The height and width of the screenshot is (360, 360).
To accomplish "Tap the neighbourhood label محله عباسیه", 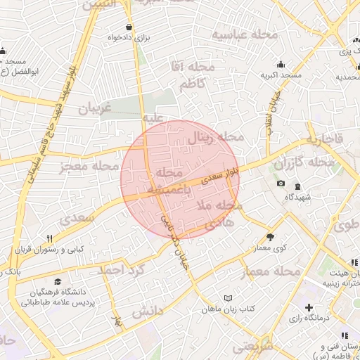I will (245, 34).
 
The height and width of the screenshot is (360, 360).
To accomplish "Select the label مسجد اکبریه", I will (281, 75).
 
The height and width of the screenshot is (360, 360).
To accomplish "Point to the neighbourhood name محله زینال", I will (214, 137).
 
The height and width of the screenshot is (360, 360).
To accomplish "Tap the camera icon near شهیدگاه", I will (281, 184).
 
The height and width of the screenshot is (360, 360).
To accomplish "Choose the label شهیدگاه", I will (298, 198).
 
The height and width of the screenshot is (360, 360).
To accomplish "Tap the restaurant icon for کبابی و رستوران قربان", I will (49, 238).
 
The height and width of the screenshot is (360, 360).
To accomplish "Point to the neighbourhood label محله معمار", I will (271, 271).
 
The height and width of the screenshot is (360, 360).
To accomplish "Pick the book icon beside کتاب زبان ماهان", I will (227, 299).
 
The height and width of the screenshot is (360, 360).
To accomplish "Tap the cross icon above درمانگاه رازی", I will (309, 307).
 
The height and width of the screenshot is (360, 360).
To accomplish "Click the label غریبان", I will (95, 110).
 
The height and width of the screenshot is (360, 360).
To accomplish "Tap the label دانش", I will (147, 310).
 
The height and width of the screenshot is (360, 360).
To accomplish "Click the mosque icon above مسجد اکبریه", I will (281, 64).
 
